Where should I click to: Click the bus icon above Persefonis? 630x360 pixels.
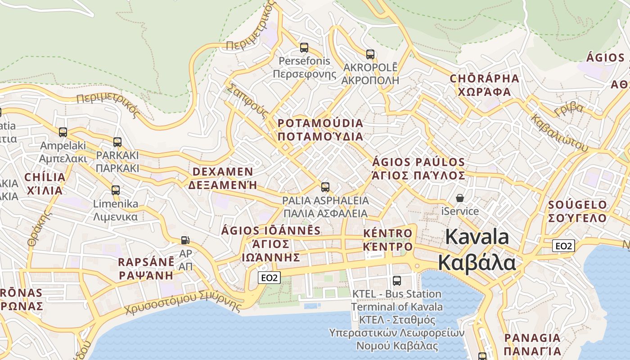pos(304,47)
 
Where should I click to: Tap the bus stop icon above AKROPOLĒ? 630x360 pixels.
pos(370,54)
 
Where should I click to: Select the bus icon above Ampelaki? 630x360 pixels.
pos(63,132)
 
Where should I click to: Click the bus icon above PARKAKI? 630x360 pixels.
pos(117,142)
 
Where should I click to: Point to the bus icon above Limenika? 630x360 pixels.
pos(116,190)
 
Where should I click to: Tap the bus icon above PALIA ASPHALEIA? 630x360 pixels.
pos(325,187)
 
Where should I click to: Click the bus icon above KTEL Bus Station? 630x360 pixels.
pos(397,281)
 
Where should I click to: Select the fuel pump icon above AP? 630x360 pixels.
pos(185,240)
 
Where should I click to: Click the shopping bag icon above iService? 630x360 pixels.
pos(460,198)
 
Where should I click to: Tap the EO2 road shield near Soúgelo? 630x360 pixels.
pos(564,246)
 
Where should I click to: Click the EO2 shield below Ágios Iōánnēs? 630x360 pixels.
pos(270,278)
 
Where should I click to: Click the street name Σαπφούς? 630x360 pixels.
pos(247,101)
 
